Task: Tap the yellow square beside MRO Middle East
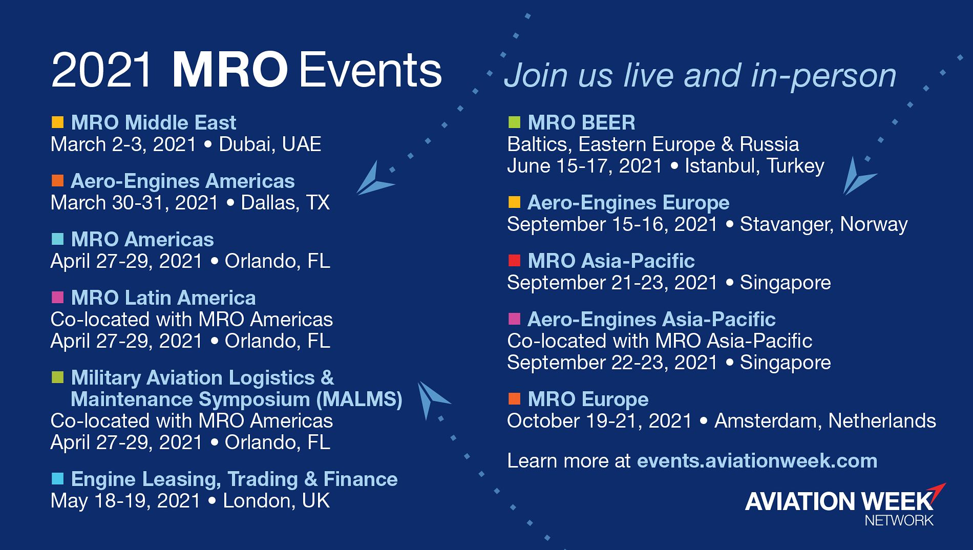pos(58,122)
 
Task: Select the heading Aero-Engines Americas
pos(183,181)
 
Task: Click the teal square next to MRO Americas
pos(58,239)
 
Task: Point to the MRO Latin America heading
pos(163,298)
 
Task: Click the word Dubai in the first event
pos(241,144)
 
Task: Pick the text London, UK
pos(277,501)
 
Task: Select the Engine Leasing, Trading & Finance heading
pos(234,479)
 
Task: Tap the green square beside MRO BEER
pos(514,122)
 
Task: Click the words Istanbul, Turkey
pos(755,166)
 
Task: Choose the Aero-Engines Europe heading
pos(628,203)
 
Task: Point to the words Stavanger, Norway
pos(824,224)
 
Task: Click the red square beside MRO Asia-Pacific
pos(514,261)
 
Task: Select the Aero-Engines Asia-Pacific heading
pos(651,320)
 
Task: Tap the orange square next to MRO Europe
pos(514,398)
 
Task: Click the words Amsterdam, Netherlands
pos(826,421)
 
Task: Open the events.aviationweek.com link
pos(757,461)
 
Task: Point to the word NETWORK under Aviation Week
pos(899,521)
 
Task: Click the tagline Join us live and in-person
pos(700,76)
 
